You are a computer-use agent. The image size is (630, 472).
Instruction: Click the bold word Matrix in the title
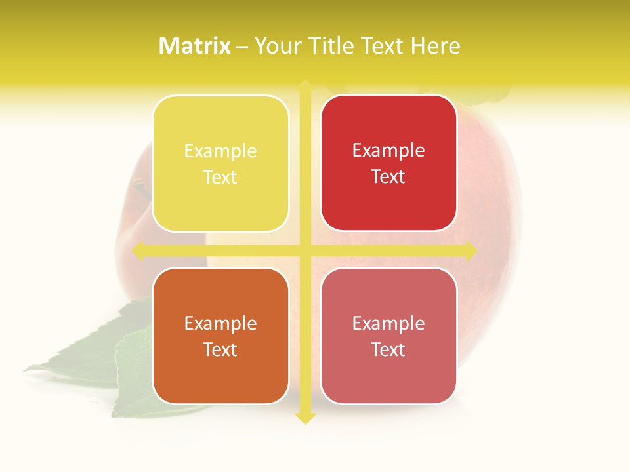tap(195, 46)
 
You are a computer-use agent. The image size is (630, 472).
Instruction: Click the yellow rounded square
tap(220, 163)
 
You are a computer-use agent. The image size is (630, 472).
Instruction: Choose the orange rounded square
tap(220, 336)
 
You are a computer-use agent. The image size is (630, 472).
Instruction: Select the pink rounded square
tap(388, 336)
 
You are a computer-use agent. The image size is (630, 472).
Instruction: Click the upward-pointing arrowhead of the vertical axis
tap(305, 85)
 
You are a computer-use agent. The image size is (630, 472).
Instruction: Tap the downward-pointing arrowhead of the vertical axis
tap(305, 418)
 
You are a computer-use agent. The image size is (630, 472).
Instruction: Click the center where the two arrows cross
tap(305, 250)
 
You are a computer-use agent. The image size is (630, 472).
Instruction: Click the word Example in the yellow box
tap(220, 151)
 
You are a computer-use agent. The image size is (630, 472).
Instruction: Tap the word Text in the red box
tap(388, 176)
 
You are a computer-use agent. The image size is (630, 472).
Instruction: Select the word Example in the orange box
tap(220, 323)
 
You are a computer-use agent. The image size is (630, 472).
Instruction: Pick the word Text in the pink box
tap(388, 349)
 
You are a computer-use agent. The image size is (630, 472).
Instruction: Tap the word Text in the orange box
tap(220, 349)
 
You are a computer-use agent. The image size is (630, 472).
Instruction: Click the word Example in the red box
tap(388, 151)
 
